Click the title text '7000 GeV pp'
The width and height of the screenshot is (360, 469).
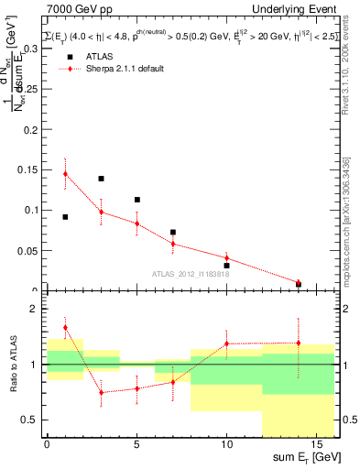coord(71,9)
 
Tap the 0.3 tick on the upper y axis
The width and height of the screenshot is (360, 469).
coord(29,50)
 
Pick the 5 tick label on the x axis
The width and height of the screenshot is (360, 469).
coord(136,446)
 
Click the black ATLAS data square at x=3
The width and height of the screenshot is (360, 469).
coord(101,179)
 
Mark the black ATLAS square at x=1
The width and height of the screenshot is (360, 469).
coord(65,217)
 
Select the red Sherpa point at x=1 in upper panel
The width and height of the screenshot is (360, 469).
coord(65,174)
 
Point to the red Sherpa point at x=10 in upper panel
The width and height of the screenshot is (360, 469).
coord(226,258)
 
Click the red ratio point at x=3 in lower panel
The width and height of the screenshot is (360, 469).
coord(101,393)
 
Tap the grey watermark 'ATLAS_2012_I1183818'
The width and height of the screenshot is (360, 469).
coord(190,274)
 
